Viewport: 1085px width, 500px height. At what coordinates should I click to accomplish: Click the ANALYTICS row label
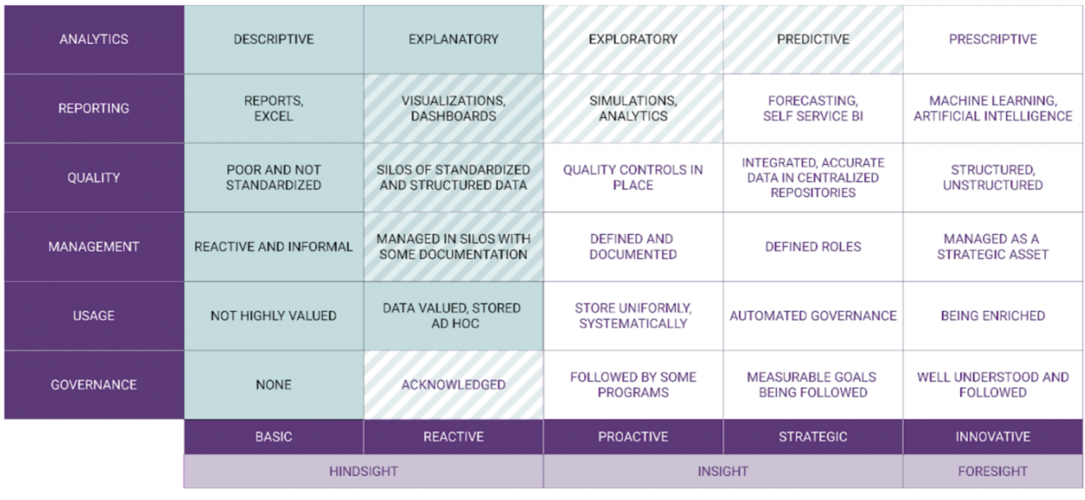click(x=93, y=40)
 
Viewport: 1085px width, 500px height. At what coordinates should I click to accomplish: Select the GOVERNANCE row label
click(x=93, y=385)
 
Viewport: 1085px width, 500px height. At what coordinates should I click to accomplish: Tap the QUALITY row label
click(x=93, y=178)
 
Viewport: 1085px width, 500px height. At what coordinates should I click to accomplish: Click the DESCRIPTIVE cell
click(x=273, y=40)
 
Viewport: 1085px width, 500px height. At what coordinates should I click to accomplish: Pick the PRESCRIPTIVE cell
click(x=992, y=40)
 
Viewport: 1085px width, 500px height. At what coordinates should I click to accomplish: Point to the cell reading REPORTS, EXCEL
click(x=273, y=108)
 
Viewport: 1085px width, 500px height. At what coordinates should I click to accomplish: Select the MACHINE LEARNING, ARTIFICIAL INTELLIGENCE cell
click(x=992, y=108)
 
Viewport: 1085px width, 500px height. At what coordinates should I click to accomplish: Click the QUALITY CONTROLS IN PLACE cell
click(x=633, y=177)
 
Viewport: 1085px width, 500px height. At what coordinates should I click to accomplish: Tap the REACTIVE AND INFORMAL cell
click(x=273, y=246)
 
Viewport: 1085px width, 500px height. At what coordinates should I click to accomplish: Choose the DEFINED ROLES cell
click(x=813, y=246)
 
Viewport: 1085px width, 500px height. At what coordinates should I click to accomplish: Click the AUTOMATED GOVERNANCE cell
click(x=813, y=316)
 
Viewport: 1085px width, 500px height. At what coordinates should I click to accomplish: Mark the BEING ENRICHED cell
click(x=992, y=316)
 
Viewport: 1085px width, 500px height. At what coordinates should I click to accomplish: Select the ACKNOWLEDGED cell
click(x=453, y=385)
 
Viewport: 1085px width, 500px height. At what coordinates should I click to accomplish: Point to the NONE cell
click(x=273, y=385)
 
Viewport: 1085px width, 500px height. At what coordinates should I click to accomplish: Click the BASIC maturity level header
click(x=273, y=437)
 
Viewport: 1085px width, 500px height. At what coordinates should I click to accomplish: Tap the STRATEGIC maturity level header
click(x=813, y=437)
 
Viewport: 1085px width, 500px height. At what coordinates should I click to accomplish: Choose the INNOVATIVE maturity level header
click(x=992, y=437)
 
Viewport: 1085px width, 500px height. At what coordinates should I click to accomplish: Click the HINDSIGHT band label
click(x=363, y=471)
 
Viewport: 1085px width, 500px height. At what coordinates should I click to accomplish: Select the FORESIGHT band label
click(x=992, y=471)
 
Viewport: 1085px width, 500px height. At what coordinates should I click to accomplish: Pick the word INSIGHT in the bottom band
click(x=723, y=471)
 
